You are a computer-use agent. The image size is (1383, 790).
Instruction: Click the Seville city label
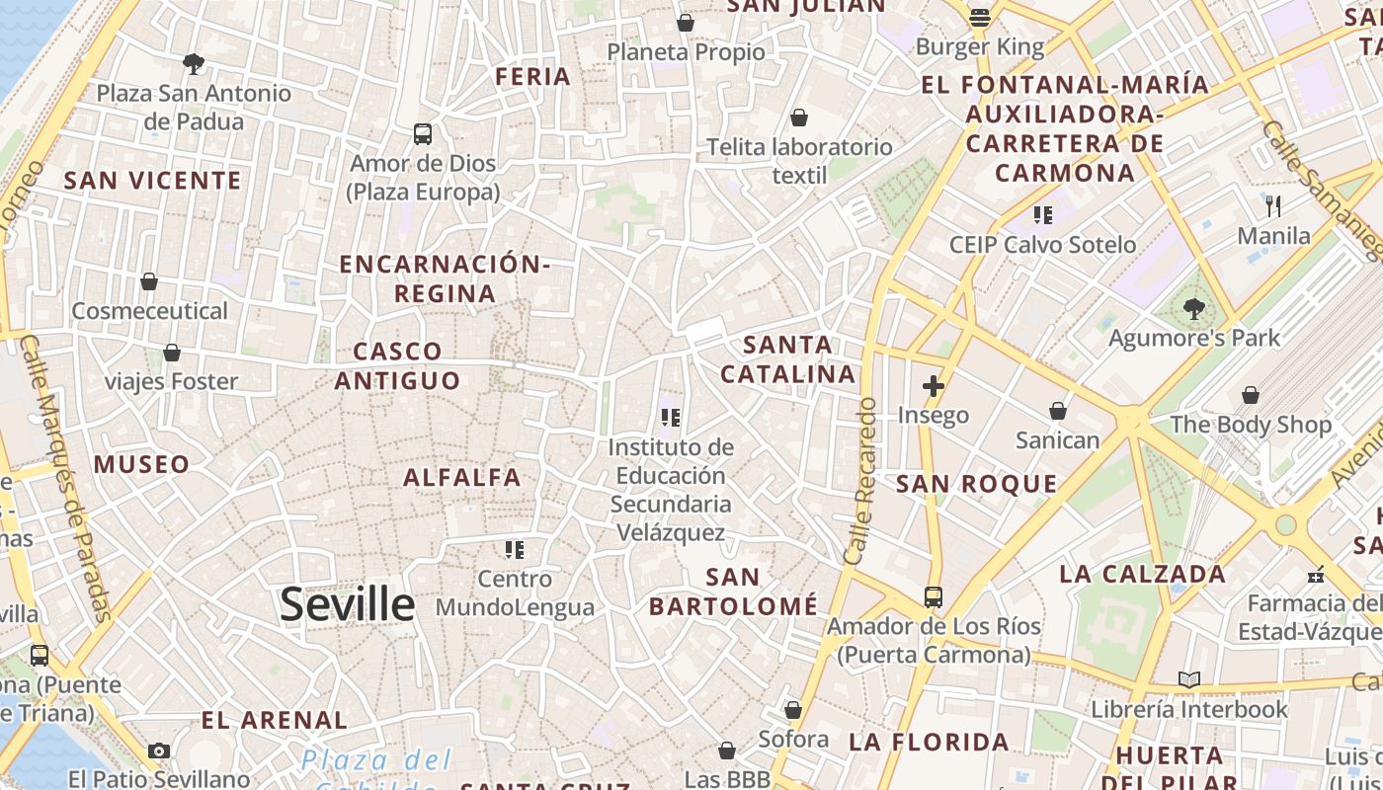(347, 603)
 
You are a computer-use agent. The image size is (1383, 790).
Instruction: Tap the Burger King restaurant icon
(980, 17)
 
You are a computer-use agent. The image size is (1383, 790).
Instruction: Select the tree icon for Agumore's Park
(1193, 309)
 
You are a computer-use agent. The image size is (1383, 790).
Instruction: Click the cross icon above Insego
(933, 385)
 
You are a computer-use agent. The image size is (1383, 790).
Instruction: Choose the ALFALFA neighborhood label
(462, 478)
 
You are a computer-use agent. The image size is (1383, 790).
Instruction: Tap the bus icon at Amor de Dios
(423, 133)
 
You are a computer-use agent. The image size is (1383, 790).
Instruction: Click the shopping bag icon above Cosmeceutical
(149, 282)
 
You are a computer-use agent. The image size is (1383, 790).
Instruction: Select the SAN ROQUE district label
(976, 484)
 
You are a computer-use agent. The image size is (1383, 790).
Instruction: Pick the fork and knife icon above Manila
(1273, 206)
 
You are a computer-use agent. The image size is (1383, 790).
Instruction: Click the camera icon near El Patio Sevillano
(158, 751)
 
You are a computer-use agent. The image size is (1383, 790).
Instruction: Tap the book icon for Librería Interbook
(1189, 680)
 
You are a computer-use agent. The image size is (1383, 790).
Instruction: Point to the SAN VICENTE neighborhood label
(152, 181)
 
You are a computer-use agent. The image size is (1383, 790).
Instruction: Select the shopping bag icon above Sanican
(1057, 411)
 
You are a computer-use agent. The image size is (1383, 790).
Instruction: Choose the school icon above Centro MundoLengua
(514, 549)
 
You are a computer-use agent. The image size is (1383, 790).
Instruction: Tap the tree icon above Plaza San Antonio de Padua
(194, 64)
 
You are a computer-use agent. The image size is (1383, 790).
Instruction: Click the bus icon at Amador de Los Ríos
(933, 597)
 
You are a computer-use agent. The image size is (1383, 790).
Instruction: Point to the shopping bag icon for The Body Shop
(1251, 395)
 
